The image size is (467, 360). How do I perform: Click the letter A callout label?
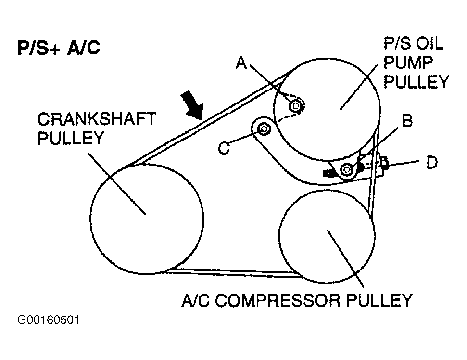click(x=241, y=63)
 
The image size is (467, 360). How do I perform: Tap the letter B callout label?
click(x=407, y=120)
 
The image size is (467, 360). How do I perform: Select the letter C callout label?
click(x=224, y=148)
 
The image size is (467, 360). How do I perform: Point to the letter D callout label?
click(x=432, y=163)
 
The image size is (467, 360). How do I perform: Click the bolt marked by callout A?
click(x=294, y=105)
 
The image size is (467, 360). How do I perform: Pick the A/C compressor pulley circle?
click(x=327, y=236)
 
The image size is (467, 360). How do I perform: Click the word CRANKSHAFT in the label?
click(x=96, y=119)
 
